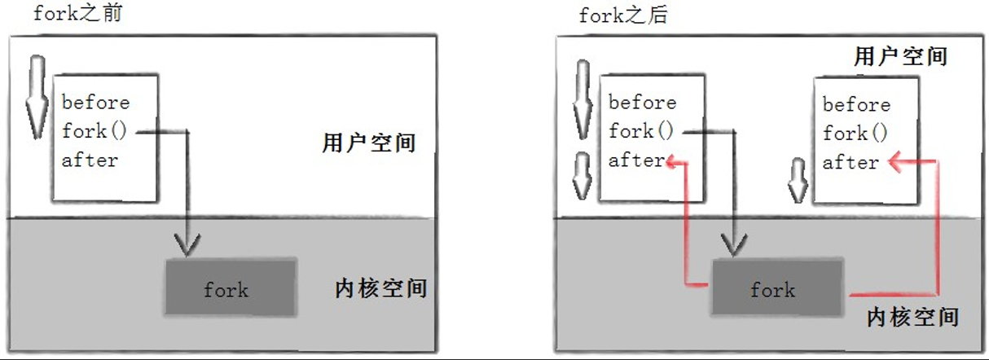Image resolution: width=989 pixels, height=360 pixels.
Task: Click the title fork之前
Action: tap(77, 13)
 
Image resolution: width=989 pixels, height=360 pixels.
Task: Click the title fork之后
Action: tap(623, 15)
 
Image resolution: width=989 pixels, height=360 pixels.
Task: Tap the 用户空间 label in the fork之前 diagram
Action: tap(369, 143)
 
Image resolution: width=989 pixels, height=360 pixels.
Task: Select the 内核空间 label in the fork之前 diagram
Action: tap(380, 288)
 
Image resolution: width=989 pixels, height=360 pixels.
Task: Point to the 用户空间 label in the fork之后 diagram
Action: tap(901, 56)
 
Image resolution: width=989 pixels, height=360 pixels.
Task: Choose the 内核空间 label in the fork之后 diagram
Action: tap(912, 317)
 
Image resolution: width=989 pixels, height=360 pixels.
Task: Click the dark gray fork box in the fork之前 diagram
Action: tap(231, 288)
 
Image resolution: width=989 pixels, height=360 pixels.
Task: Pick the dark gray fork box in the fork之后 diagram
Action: tap(777, 288)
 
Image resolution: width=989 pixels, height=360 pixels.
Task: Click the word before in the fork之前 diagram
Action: tap(96, 103)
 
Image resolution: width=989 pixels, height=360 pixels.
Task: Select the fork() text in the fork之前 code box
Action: tap(94, 131)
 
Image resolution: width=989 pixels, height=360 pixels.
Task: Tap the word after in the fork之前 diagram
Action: tap(90, 160)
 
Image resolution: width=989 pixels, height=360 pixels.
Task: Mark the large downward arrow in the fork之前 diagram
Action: tap(37, 98)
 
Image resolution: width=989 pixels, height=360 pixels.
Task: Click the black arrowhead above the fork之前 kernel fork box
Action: tap(187, 245)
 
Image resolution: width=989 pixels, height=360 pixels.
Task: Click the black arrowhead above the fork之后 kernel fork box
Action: tap(734, 245)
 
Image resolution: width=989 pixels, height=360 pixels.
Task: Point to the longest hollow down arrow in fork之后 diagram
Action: tap(583, 100)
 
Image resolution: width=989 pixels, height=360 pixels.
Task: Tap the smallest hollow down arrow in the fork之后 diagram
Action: tap(798, 181)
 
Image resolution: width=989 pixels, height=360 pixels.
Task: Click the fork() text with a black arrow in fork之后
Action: tap(640, 131)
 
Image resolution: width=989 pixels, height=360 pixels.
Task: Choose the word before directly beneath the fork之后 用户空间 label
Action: tap(856, 104)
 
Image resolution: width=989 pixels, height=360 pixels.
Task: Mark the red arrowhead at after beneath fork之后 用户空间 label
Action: tap(896, 161)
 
